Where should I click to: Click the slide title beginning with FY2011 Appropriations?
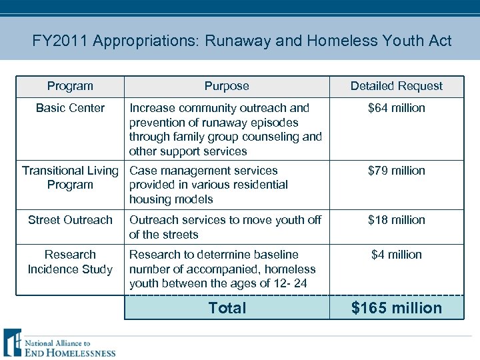point(241,41)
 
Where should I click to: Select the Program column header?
point(70,86)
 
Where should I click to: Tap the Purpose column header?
point(227,86)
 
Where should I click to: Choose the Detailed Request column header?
point(396,86)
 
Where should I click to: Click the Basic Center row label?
point(70,108)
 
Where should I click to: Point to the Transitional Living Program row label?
point(70,177)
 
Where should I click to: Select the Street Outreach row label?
point(70,220)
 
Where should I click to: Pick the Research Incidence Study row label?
point(70,262)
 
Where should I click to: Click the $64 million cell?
point(396,108)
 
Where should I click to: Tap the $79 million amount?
point(396,171)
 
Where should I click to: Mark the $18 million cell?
point(396,220)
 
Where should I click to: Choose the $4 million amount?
point(396,255)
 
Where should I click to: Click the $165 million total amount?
point(396,308)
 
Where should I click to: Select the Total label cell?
point(227,308)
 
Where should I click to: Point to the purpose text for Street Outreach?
point(225,227)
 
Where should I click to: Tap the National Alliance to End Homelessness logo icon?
point(13,343)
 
